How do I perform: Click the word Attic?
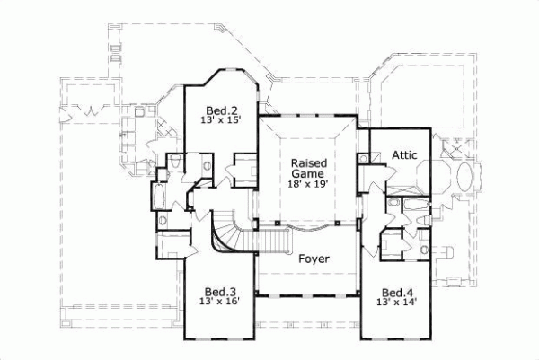(x=404, y=154)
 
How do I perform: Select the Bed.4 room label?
(x=396, y=292)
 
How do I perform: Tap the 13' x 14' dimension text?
(x=396, y=303)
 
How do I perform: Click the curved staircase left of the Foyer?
(x=226, y=235)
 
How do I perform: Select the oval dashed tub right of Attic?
(x=466, y=178)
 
